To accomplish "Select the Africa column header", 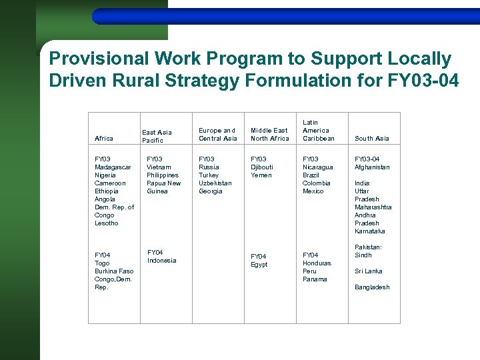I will click(104, 139).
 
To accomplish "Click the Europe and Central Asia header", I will click(218, 135).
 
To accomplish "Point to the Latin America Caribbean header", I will click(318, 131).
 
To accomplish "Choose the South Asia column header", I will click(372, 139).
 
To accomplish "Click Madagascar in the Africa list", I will click(113, 167).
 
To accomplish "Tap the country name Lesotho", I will click(107, 223).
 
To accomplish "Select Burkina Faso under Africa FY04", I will click(114, 271).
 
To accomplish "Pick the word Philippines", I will click(163, 175).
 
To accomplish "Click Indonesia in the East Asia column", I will click(162, 261).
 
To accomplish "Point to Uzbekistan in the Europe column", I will click(215, 183).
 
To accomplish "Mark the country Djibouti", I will click(261, 167).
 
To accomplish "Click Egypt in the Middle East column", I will click(259, 265).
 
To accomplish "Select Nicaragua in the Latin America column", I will click(318, 167).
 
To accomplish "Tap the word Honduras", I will click(317, 263).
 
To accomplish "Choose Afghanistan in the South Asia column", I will click(372, 167).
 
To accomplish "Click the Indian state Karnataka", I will click(370, 231).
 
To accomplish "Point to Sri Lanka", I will click(369, 271).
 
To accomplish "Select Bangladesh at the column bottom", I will click(372, 287).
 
